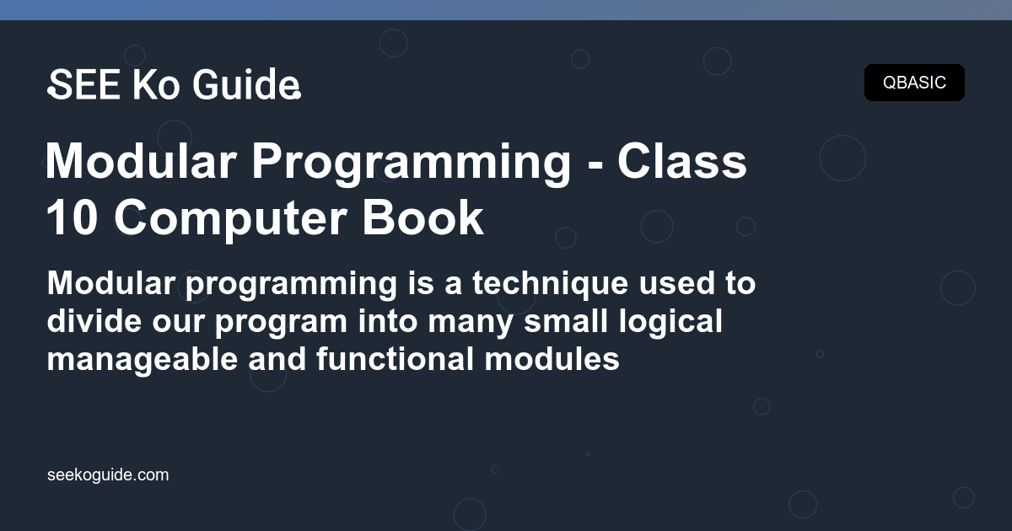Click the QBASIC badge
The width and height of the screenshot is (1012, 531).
[914, 83]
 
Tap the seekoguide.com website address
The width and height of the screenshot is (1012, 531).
[108, 475]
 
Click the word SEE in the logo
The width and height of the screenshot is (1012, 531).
[84, 84]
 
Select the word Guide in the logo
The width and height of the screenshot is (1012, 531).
[246, 84]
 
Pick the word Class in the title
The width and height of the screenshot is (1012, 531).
[681, 162]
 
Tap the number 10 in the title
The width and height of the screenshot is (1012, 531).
[72, 218]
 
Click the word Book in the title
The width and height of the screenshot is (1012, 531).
[423, 217]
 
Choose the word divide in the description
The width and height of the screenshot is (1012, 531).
[94, 321]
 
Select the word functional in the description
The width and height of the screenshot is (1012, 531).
[395, 359]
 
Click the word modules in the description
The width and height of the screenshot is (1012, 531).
[552, 359]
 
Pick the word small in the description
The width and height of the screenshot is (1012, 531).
[566, 321]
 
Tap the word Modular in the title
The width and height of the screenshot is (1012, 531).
[141, 162]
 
